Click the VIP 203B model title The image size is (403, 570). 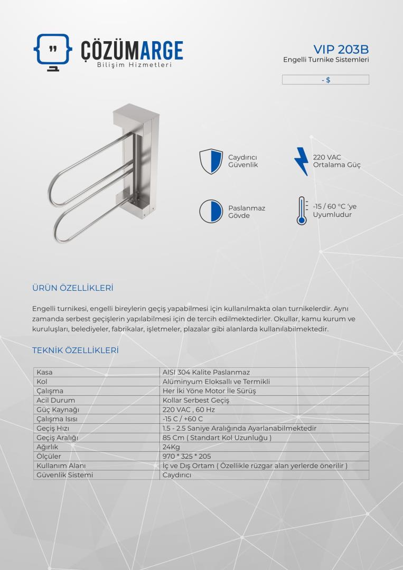pyautogui.click(x=341, y=49)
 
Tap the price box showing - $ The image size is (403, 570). pyautogui.click(x=325, y=80)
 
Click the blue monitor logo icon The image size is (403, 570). pyautogui.click(x=53, y=51)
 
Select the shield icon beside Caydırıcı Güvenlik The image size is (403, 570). pyautogui.click(x=210, y=161)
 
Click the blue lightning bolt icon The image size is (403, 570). pyautogui.click(x=301, y=160)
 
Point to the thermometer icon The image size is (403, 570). pyautogui.click(x=302, y=211)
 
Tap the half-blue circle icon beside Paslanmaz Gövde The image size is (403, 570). pyautogui.click(x=210, y=211)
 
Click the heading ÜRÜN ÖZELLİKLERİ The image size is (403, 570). pyautogui.click(x=73, y=288)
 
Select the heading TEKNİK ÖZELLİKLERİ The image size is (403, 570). pyautogui.click(x=75, y=350)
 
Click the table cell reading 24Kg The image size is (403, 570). pyautogui.click(x=170, y=446)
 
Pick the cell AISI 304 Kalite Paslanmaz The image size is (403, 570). pyautogui.click(x=206, y=372)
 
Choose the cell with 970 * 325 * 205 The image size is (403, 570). pyautogui.click(x=187, y=456)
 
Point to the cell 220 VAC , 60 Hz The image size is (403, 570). pyautogui.click(x=189, y=410)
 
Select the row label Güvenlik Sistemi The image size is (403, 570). pyautogui.click(x=64, y=474)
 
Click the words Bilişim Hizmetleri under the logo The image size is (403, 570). pyautogui.click(x=135, y=65)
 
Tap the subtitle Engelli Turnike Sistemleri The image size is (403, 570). pyautogui.click(x=326, y=60)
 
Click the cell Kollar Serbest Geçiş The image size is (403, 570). pyautogui.click(x=196, y=400)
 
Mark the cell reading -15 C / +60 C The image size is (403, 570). pyautogui.click(x=183, y=419)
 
